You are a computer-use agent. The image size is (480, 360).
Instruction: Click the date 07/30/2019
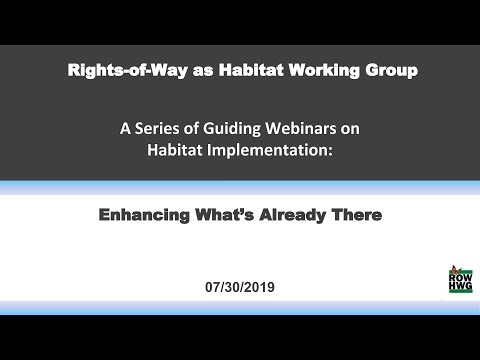[x=239, y=285]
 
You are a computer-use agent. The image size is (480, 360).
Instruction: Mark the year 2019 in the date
[x=258, y=285]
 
